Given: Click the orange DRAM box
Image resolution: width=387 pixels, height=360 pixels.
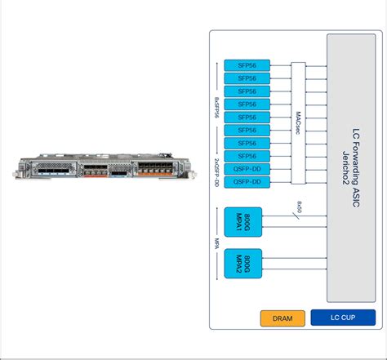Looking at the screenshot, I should [282, 318].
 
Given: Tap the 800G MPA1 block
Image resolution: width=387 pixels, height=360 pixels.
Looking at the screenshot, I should [242, 222].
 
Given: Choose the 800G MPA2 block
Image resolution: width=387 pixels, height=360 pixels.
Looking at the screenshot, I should [242, 264].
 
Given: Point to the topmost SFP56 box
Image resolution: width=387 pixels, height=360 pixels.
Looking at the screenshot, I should [247, 65].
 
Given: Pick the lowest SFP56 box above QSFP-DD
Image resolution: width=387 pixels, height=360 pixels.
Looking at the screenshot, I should [247, 156].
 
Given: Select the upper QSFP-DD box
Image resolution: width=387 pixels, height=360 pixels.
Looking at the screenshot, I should [247, 169].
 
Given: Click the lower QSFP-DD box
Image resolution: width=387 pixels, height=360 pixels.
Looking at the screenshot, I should [247, 182].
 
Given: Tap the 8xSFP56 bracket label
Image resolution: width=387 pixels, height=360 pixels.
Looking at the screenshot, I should [217, 110].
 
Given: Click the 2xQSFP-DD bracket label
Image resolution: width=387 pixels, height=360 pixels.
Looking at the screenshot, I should [217, 176].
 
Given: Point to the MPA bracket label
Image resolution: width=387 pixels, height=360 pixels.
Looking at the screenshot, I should [217, 242].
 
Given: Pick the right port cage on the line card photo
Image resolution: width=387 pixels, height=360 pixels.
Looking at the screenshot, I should [155, 173].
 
